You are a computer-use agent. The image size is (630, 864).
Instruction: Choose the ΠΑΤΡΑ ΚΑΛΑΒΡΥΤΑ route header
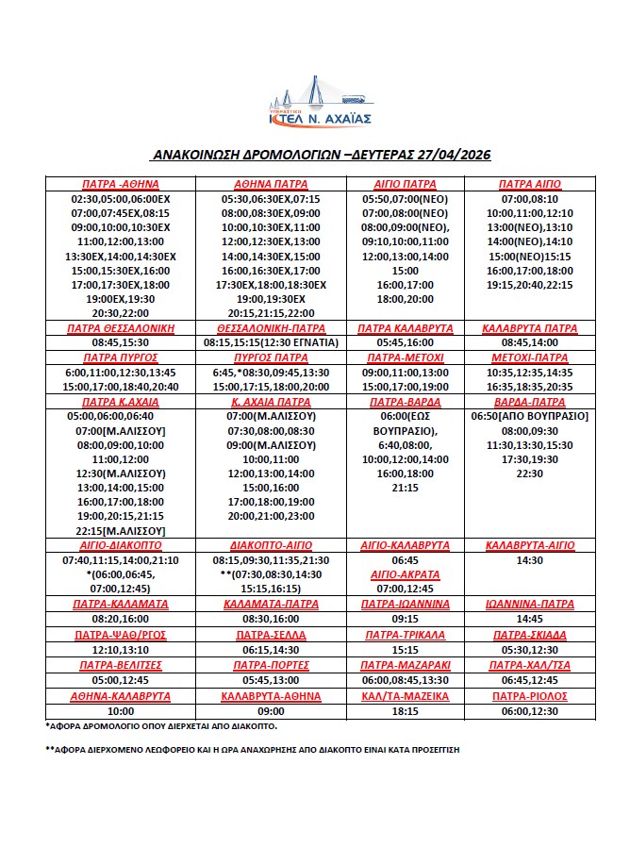click(406, 328)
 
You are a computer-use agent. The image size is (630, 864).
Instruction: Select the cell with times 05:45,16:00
click(406, 343)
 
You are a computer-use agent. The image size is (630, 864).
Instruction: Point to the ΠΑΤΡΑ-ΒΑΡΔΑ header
click(406, 402)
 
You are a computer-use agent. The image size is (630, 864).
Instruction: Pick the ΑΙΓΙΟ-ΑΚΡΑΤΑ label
click(406, 573)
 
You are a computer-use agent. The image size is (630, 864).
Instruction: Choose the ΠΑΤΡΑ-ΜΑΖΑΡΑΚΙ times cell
click(406, 679)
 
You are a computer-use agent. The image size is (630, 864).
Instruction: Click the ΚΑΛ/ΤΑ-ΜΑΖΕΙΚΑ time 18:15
click(406, 711)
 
